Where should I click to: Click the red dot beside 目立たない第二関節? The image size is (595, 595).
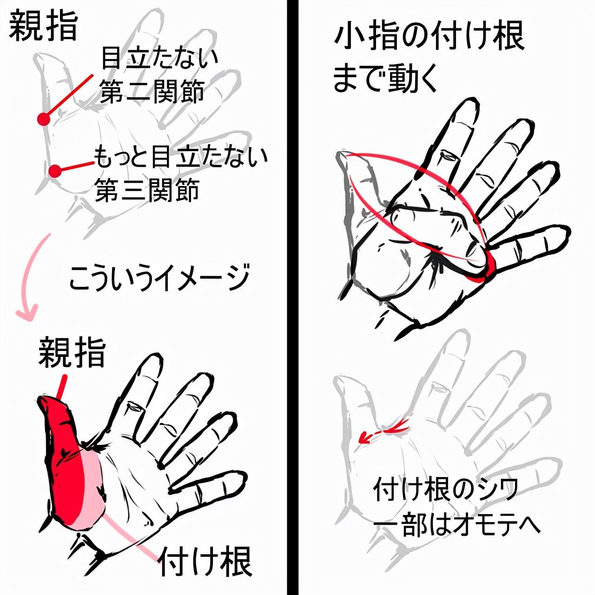pyautogui.click(x=44, y=119)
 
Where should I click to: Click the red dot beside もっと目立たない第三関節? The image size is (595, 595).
pyautogui.click(x=56, y=171)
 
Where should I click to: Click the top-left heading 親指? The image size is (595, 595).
pyautogui.click(x=43, y=27)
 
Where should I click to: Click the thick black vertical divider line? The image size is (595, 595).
pyautogui.click(x=292, y=297)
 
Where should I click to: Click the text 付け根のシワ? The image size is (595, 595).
pyautogui.click(x=445, y=489)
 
